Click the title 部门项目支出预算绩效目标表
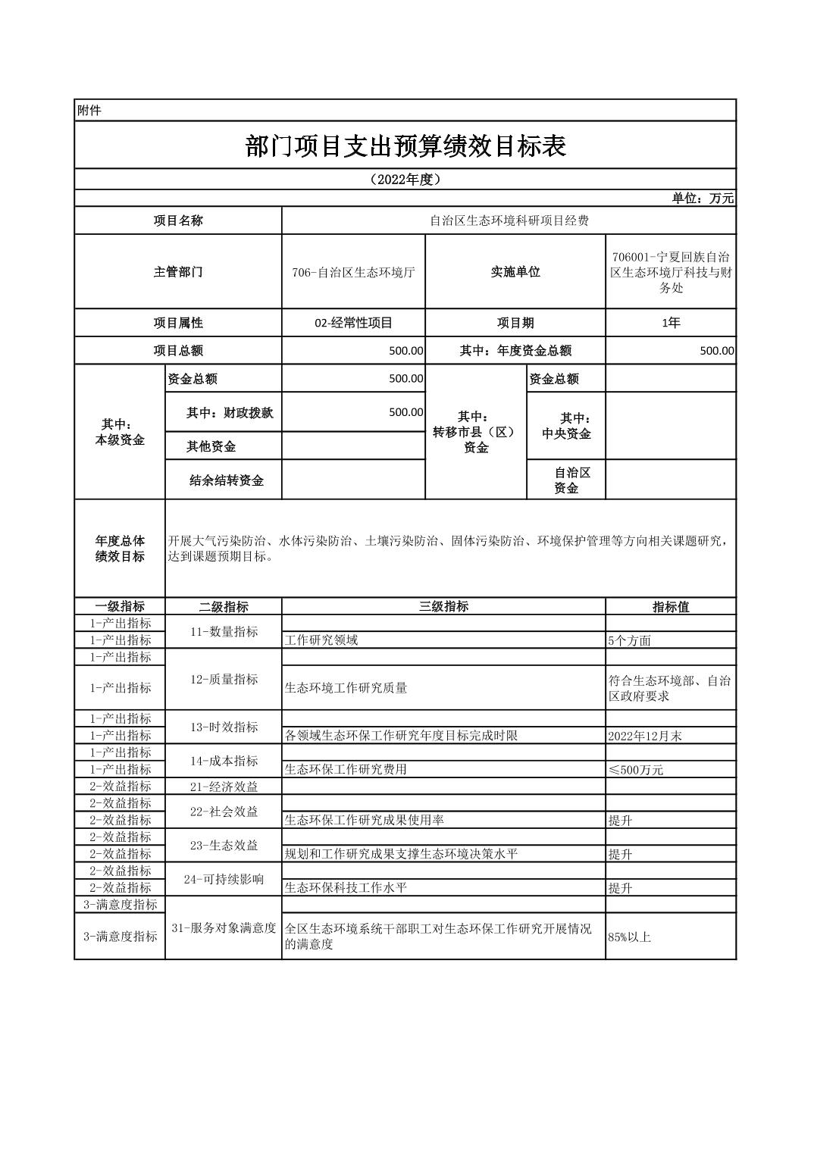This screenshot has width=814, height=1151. pos(405,145)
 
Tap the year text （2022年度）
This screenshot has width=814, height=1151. pos(405,180)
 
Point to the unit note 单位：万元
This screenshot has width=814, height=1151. pos(703,199)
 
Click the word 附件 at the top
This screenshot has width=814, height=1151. pos(89,111)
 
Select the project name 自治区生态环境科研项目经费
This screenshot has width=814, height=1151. pos(509,221)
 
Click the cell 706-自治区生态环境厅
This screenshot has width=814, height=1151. pos(353,272)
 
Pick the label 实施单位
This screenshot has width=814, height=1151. pos(515,272)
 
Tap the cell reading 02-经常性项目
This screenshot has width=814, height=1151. pos(353,323)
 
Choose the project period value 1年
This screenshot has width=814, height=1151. pos(671,323)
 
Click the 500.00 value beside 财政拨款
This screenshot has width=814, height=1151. pos(405,412)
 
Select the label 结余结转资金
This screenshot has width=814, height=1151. pos(226,480)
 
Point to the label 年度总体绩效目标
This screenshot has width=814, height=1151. pos(120,549)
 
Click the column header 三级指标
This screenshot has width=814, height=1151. pos(443,606)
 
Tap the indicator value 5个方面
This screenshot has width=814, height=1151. pos(629,640)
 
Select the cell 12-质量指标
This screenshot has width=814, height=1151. pos(224,680)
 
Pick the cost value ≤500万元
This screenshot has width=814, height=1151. pos(635,770)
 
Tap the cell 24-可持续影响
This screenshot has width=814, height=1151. pos(224,879)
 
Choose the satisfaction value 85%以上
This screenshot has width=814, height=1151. pos(629,937)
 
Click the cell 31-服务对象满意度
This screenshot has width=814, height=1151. pos(224,928)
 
